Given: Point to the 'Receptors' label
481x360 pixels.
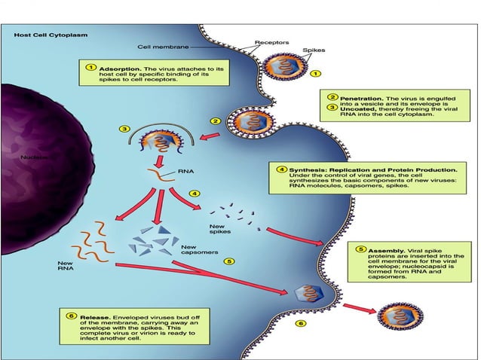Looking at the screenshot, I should tap(270, 43).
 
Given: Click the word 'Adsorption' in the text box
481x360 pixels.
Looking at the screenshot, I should tap(116, 69).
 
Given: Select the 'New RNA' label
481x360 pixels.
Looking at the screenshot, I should tap(66, 265).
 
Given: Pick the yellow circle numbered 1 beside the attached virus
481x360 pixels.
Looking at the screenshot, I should tap(315, 75).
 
